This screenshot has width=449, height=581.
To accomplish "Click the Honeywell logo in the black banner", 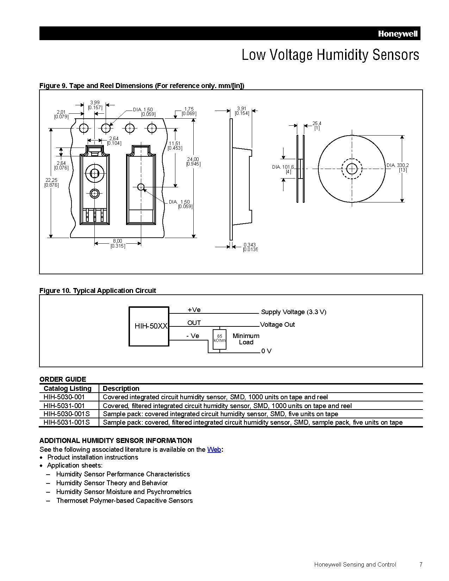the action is click(x=398, y=34).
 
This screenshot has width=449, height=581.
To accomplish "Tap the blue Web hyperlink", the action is click(x=214, y=449).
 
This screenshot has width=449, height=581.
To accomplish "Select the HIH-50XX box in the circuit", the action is click(x=149, y=326).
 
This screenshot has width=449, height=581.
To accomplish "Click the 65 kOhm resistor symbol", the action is click(x=219, y=339).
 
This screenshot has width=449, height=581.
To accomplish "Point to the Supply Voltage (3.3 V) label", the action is click(x=294, y=312).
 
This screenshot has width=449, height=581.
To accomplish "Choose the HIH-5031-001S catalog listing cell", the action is click(x=67, y=422).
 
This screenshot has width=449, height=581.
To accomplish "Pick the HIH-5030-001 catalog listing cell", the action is click(x=64, y=397).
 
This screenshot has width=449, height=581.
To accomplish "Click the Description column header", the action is click(x=121, y=388).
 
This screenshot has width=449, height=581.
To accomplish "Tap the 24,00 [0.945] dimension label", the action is click(x=193, y=162).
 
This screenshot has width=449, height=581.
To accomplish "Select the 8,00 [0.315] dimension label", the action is click(x=118, y=244).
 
